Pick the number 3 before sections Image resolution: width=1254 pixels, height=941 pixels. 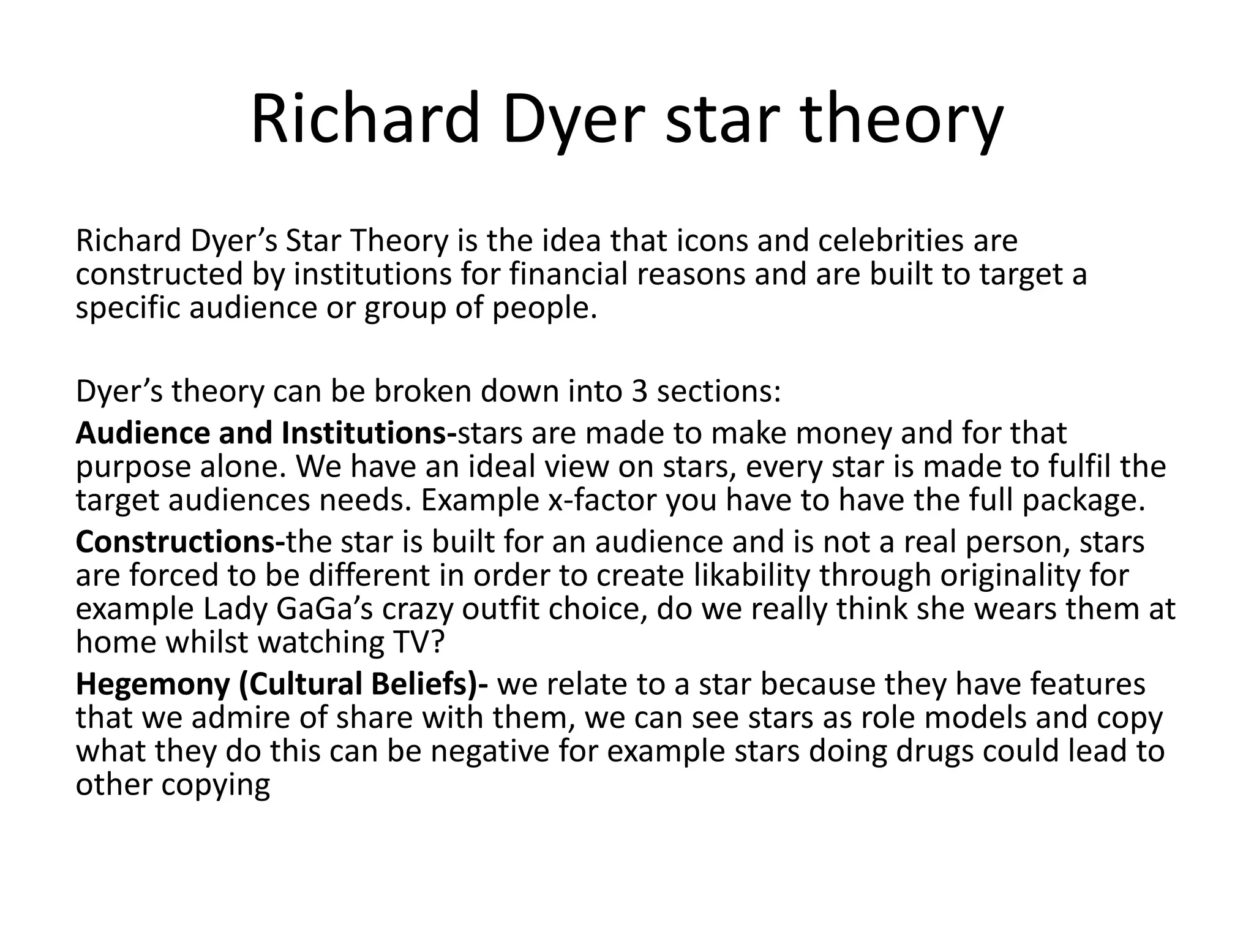639,391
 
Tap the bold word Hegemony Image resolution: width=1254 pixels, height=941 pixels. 152,684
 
